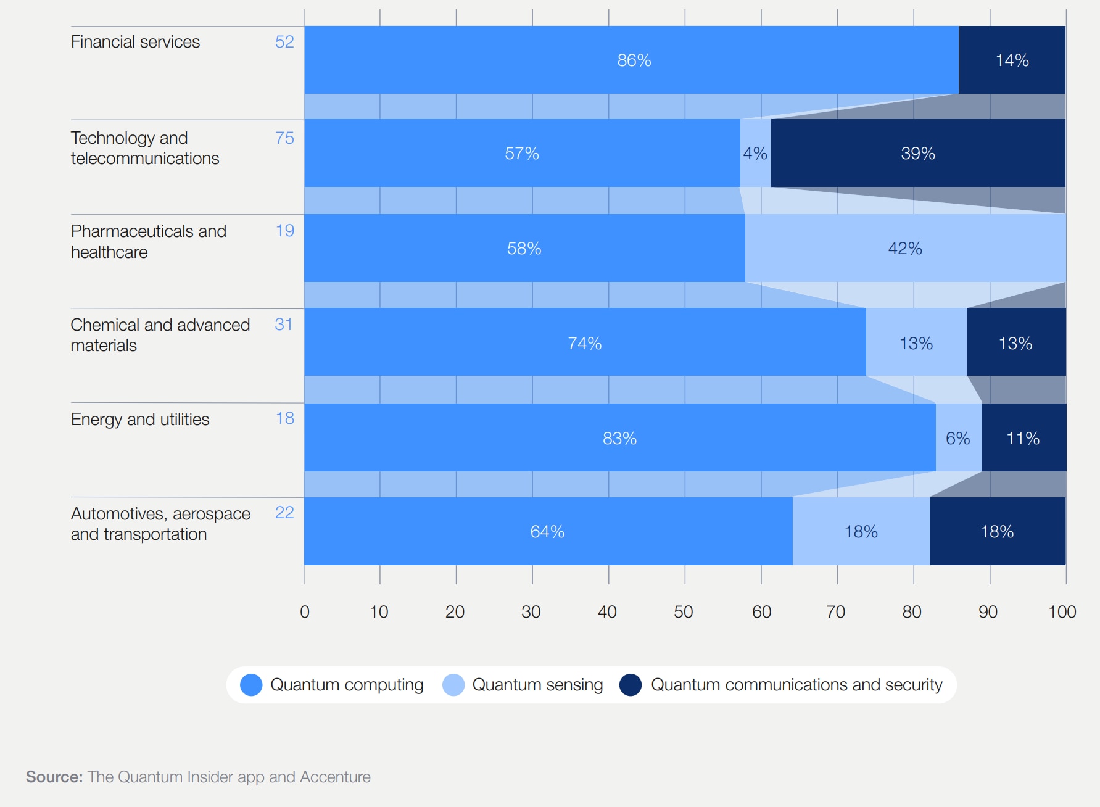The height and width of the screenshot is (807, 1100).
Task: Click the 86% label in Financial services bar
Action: tap(634, 60)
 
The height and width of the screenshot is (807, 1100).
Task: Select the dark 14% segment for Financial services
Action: tap(1012, 60)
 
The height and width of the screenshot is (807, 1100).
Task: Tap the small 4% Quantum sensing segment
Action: tap(755, 154)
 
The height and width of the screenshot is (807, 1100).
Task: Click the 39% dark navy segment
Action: tap(918, 154)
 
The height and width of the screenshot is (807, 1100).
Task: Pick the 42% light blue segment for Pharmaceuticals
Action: tap(905, 249)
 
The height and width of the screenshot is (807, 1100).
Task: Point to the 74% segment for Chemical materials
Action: tap(584, 344)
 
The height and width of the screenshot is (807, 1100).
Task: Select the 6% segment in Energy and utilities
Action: tap(958, 439)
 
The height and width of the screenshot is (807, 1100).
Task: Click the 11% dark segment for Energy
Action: tap(1023, 439)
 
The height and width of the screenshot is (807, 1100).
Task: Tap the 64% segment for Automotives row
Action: tap(547, 532)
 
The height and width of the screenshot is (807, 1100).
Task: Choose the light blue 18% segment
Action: tap(861, 532)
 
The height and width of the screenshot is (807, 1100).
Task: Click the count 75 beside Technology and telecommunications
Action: tap(284, 138)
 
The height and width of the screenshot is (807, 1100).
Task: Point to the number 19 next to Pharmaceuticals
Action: tap(284, 231)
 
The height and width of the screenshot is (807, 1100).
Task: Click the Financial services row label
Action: tap(135, 42)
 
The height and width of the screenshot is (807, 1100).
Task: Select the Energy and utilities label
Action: tap(140, 420)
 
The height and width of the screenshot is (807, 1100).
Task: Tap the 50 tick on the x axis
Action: tap(684, 612)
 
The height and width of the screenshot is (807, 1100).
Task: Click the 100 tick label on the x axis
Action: tap(1062, 612)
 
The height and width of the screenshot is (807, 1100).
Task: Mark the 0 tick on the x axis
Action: tap(305, 612)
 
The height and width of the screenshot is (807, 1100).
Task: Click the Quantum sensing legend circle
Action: tap(453, 685)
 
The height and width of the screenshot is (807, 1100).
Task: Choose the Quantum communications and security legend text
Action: tap(796, 685)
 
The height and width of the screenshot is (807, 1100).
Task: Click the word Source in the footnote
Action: tap(54, 777)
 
